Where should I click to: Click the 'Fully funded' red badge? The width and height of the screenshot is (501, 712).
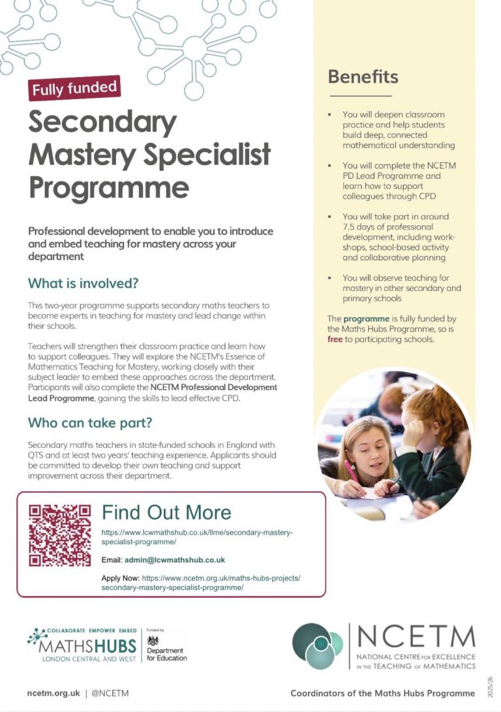click(x=74, y=87)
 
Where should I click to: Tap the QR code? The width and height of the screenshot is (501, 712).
click(x=60, y=535)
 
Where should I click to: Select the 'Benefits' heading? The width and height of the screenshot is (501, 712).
click(x=363, y=77)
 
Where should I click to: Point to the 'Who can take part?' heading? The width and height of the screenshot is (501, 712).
click(x=90, y=423)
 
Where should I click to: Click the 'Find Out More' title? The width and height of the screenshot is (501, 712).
click(x=166, y=512)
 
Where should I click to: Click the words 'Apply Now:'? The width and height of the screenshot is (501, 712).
click(x=121, y=578)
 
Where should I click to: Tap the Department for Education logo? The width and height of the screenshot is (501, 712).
click(x=166, y=649)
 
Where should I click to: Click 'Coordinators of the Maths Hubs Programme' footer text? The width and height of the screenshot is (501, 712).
click(x=382, y=693)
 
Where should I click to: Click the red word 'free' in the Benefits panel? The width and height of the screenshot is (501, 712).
click(x=335, y=339)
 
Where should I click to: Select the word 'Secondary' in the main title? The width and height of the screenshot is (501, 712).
click(x=102, y=122)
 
